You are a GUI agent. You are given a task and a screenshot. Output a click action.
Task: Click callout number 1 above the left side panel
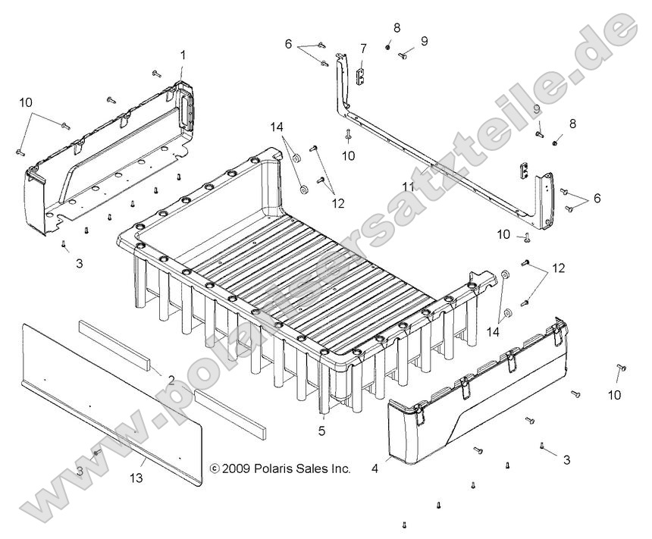[183, 55]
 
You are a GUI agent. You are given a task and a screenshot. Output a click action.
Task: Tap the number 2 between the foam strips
[171, 379]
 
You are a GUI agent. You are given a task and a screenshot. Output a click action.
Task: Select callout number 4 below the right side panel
[374, 468]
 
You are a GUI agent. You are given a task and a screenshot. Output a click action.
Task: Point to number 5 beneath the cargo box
[323, 431]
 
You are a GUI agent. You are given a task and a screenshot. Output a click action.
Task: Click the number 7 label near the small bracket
[363, 49]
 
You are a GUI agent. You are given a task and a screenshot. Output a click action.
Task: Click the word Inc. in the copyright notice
[340, 469]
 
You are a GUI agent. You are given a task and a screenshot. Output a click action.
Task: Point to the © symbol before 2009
[214, 469]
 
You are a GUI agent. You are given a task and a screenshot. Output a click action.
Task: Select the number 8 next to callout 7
[397, 28]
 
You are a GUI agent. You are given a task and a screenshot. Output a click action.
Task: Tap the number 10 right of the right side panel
[614, 394]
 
